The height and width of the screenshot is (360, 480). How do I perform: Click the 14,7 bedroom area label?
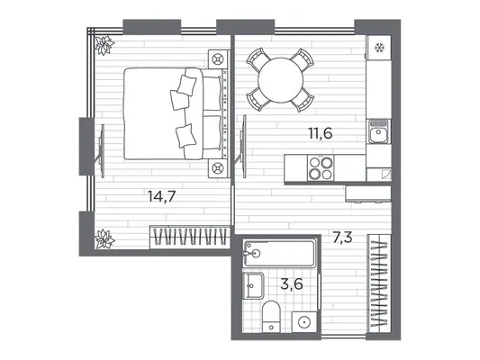(x=161, y=196)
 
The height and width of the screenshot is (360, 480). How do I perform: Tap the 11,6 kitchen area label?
(x=321, y=133)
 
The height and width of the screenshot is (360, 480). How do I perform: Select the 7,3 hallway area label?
(x=343, y=238)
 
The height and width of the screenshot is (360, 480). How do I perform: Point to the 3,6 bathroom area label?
(x=292, y=283)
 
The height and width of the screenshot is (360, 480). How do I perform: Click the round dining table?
(x=280, y=80)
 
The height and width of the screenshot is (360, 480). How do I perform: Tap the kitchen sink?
(x=378, y=131)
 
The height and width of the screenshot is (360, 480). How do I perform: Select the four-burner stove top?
(x=321, y=167)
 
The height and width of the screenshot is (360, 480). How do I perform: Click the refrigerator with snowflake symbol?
(x=379, y=48)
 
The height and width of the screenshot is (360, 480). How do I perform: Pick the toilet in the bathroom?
(x=271, y=317)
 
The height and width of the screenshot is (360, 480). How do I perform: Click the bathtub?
(x=279, y=254)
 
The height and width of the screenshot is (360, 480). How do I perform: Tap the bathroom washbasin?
(x=253, y=285)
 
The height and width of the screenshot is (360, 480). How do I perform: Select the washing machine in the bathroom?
(x=304, y=322)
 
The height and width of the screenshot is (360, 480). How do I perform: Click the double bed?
(x=176, y=113)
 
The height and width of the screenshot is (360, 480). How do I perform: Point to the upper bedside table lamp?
(x=218, y=59)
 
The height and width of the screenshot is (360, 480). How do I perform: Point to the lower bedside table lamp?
(x=218, y=168)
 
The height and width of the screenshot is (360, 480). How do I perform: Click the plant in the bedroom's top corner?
(x=104, y=45)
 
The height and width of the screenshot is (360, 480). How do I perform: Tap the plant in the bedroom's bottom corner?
(x=104, y=238)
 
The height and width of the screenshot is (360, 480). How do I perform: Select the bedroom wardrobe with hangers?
(x=190, y=237)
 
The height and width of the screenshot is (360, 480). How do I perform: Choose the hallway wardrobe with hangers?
(x=379, y=283)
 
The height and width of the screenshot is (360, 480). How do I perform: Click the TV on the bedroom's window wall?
(x=102, y=150)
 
